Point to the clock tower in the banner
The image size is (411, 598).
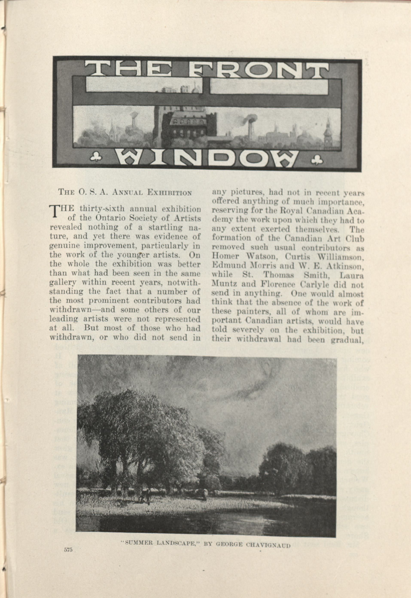[x=328, y=133]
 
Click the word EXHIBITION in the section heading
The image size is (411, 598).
[x=169, y=192]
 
